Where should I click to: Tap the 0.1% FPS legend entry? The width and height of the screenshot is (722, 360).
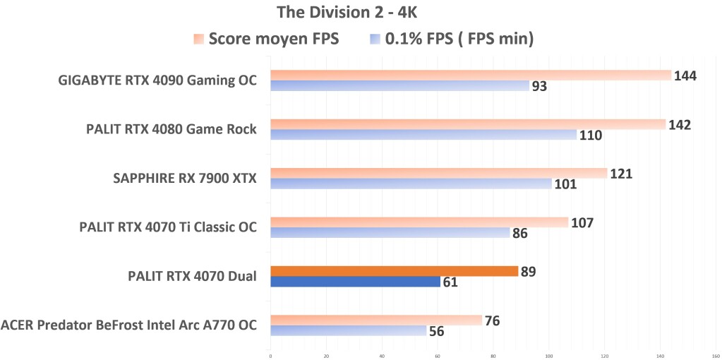[x=452, y=39]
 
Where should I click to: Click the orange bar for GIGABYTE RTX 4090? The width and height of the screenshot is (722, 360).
[x=470, y=76]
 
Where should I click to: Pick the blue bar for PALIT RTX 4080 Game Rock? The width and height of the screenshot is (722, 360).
[x=423, y=135]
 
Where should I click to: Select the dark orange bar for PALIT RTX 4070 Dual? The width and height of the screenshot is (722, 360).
[x=394, y=271]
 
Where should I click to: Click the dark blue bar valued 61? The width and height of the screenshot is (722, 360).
[x=355, y=282]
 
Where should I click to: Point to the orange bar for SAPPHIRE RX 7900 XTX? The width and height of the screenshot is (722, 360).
[x=438, y=174]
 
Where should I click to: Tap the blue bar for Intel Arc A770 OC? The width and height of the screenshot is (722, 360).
[x=349, y=330]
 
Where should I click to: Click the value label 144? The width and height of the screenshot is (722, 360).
[x=685, y=76]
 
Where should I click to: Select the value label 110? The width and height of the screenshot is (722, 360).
[x=590, y=136]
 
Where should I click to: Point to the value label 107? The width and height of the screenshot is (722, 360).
[x=582, y=223]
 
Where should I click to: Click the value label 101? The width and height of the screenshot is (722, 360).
[x=565, y=185]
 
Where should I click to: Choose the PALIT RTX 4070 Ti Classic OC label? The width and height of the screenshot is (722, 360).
[x=167, y=227]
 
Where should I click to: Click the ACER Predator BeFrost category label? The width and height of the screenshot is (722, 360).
[x=128, y=325]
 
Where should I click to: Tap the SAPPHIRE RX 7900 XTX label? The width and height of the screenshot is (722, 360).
[x=184, y=179]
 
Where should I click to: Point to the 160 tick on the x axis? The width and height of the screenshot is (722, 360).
[x=716, y=356]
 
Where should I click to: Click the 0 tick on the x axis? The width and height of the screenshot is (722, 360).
[x=271, y=356]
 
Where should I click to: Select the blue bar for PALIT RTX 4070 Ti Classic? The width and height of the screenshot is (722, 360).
[x=390, y=232]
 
